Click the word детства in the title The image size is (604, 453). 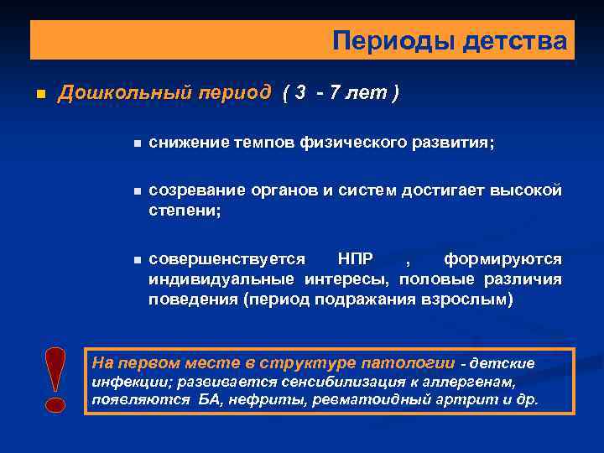coord(514,40)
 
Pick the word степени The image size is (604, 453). coord(185,211)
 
